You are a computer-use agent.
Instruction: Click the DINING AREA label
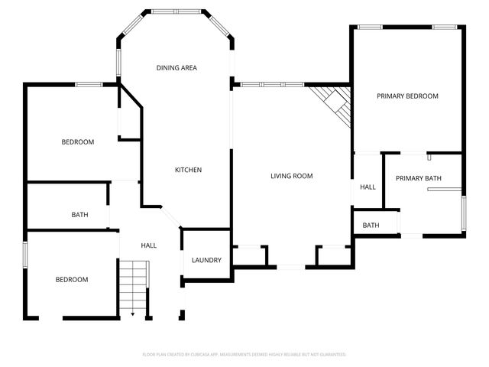click(176, 68)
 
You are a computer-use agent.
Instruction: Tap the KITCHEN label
click(188, 170)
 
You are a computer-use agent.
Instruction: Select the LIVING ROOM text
click(292, 176)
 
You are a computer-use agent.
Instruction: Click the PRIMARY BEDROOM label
click(407, 96)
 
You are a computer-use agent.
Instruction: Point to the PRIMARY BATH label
click(418, 178)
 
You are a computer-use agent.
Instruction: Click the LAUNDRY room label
click(206, 260)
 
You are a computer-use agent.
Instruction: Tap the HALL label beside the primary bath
click(368, 187)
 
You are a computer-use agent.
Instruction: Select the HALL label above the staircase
click(148, 245)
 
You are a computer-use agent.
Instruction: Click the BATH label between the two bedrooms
click(79, 215)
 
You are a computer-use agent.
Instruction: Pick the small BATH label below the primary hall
click(371, 226)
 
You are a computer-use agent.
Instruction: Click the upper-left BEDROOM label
click(77, 142)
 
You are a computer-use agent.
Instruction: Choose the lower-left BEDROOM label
click(71, 280)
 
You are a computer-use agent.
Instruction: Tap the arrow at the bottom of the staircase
click(132, 313)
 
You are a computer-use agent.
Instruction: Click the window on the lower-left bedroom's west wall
click(26, 254)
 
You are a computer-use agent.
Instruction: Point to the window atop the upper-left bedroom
click(89, 84)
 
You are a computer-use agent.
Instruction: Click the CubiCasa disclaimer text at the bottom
click(244, 355)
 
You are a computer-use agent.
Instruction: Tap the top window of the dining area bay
click(176, 12)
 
